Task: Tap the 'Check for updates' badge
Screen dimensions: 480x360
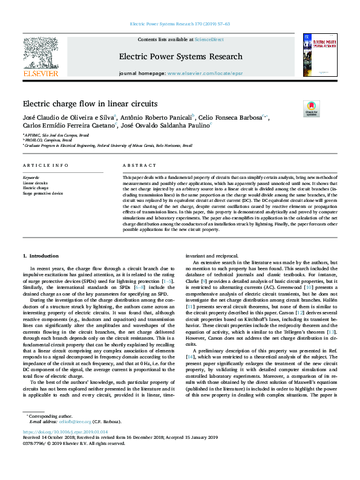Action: coord(312,108)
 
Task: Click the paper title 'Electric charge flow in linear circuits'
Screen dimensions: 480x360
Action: coord(90,103)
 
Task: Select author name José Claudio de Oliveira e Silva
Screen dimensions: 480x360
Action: coord(68,117)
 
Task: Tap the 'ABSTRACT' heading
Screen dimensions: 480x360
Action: coord(135,165)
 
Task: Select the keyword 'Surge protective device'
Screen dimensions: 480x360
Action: coord(42,193)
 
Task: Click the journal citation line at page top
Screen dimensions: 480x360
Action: coord(180,25)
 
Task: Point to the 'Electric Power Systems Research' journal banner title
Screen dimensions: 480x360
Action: coord(180,57)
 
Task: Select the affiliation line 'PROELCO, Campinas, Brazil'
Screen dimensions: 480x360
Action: coord(48,140)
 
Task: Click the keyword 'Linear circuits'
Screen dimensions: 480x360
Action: coord(35,182)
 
